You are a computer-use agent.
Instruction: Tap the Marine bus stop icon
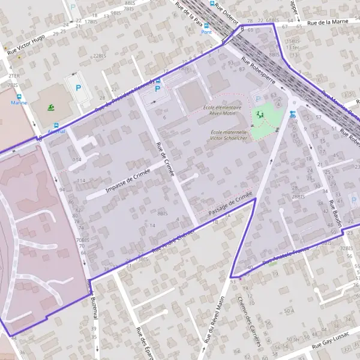pyautogui.click(x=19, y=96)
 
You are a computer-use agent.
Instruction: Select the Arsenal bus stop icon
pyautogui.click(x=56, y=126)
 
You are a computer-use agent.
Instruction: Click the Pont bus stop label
pyautogui.click(x=207, y=32)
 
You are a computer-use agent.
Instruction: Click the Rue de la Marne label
pyautogui.click(x=328, y=23)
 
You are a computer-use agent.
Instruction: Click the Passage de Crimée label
pyautogui.click(x=230, y=206)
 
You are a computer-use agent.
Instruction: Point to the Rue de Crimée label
pyautogui.click(x=164, y=160)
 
